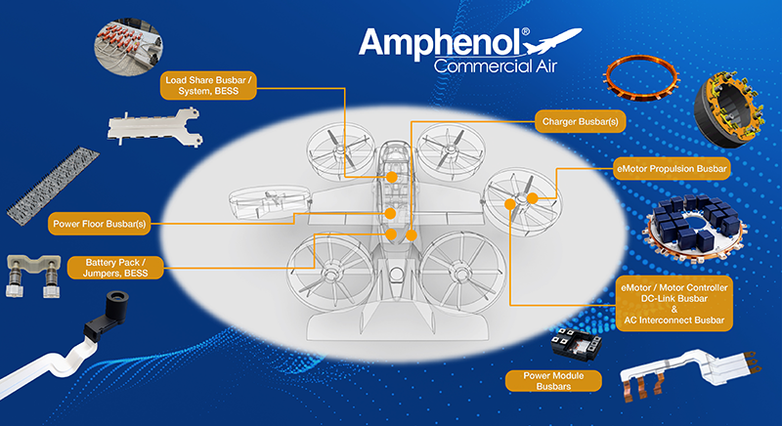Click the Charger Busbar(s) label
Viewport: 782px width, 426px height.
tap(580, 121)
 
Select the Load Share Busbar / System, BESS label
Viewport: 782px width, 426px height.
tap(208, 86)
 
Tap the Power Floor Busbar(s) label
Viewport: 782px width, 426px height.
tap(100, 224)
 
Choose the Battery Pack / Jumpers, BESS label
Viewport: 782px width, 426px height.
tap(115, 268)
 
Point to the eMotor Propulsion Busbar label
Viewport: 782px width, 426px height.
tap(672, 169)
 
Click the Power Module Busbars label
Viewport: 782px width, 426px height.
tap(553, 381)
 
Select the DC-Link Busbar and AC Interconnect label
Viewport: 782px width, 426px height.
tap(674, 304)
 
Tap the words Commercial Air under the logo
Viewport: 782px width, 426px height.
tap(495, 66)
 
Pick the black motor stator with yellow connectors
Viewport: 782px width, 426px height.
tap(728, 110)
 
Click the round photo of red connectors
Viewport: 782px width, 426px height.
tap(128, 47)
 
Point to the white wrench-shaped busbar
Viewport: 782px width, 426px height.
tap(153, 128)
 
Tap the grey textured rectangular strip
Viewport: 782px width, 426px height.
tap(53, 186)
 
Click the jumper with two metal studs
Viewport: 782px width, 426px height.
tap(33, 275)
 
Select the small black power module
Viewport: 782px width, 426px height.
tap(576, 342)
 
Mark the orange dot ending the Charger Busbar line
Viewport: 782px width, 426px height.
tap(412, 235)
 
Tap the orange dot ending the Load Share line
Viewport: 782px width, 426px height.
tap(392, 177)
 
